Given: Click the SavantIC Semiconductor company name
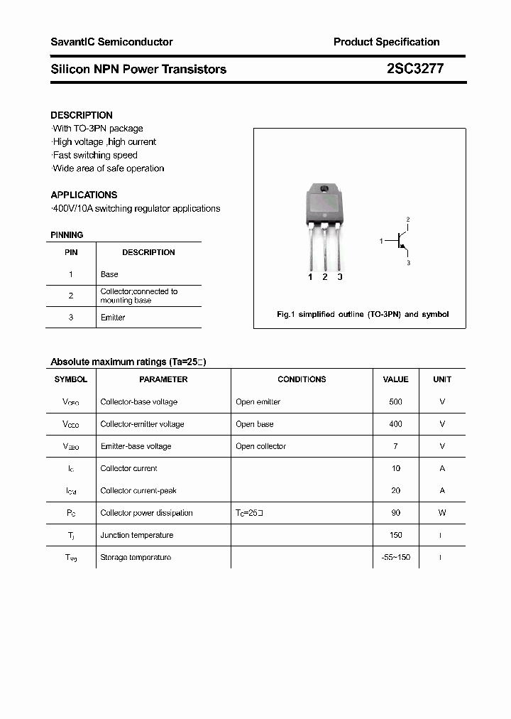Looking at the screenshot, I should pos(111,42).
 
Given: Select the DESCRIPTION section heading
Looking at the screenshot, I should pos(82,115).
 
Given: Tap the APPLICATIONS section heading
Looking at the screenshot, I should pos(84,195).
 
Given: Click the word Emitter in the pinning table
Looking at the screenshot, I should pos(113,318).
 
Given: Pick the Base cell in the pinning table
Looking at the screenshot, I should pos(109,274).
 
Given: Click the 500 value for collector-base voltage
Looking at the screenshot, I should pos(395,402).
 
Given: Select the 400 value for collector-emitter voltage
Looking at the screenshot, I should pos(395,424).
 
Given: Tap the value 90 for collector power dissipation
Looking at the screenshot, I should pos(395,513).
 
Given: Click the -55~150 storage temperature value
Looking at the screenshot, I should pos(395,558).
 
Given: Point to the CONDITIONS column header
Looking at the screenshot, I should pos(302,379).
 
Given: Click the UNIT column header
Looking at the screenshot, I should pos(442,379).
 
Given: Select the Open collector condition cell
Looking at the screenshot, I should pos(260,446).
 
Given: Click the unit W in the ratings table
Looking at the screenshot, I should pos(442,513).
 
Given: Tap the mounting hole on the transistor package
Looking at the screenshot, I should pos(324,189).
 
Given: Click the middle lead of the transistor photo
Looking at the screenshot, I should pos(324,249).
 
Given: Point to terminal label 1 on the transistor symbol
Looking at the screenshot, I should pos(381,242).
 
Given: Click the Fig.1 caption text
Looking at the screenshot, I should pos(362,314).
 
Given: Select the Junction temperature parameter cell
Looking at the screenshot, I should pos(137,535).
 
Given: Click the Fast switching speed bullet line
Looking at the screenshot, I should pos(95,155).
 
